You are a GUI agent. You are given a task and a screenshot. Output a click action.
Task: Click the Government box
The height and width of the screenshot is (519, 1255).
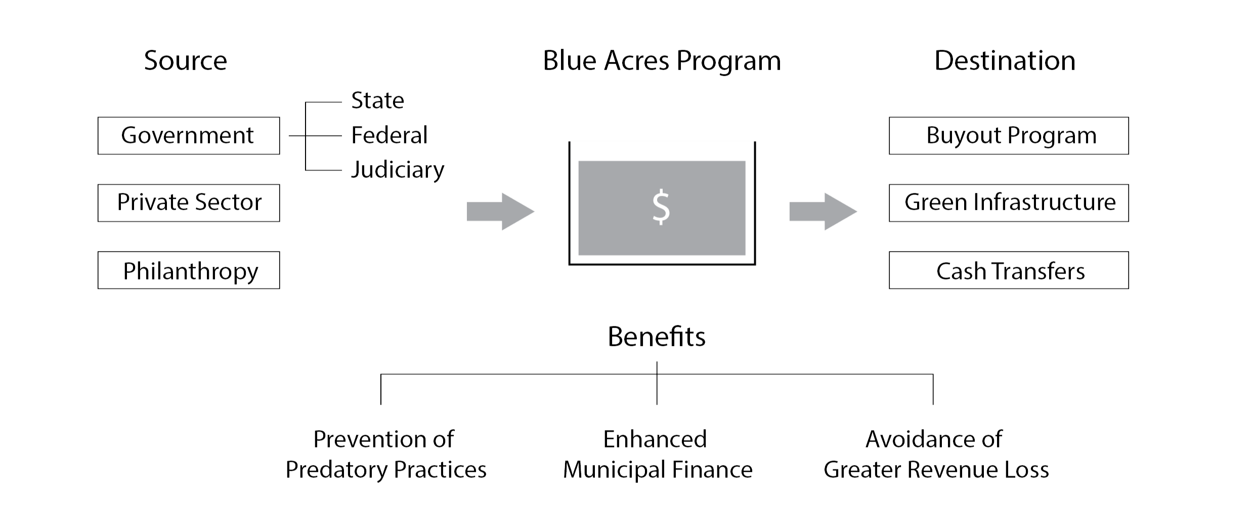188,136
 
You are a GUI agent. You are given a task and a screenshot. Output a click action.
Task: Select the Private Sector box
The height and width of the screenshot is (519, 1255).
188,203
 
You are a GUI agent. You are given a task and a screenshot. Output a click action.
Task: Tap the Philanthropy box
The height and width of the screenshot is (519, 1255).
188,270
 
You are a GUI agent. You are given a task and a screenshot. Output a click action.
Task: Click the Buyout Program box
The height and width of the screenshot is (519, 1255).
1008,136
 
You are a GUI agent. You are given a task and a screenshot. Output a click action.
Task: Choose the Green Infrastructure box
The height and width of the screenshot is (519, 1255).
1008,203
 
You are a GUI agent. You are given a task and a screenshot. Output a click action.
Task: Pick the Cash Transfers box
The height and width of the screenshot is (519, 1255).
1008,270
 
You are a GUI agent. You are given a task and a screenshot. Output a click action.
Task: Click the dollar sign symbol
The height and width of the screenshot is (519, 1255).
661,207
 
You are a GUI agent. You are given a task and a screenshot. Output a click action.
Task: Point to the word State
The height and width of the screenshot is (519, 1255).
377,101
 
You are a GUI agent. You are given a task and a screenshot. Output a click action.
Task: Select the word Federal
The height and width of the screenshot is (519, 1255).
389,136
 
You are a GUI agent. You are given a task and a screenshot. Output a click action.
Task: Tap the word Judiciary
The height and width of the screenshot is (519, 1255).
397,170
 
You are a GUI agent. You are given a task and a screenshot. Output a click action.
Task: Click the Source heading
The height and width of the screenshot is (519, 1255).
185,61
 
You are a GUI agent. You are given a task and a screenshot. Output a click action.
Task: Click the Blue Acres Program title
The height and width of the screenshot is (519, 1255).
662,61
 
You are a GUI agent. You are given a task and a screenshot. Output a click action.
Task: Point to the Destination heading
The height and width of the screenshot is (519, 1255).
1005,61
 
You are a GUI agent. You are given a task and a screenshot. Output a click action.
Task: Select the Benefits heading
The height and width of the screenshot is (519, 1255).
656,336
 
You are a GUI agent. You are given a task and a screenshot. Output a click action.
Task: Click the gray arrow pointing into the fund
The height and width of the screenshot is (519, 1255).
500,211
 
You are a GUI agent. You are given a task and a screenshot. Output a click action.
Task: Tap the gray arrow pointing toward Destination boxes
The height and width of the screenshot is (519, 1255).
823,211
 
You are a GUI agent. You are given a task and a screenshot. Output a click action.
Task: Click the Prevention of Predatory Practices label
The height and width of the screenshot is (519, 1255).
385,454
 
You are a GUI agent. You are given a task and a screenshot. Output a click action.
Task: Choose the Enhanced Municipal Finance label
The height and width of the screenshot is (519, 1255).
657,454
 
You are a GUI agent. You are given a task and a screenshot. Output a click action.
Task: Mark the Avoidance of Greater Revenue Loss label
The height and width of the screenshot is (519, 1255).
936,454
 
